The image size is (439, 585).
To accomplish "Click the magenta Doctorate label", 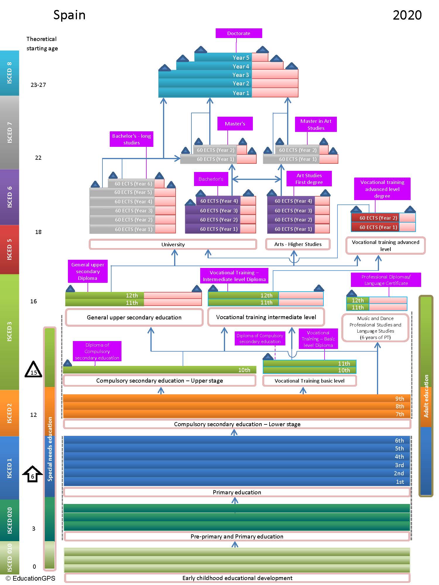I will [239, 33].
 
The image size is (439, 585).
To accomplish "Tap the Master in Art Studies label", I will [316, 125].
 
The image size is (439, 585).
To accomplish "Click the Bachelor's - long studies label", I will [131, 139].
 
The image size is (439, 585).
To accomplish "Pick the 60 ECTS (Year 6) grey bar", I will [131, 184].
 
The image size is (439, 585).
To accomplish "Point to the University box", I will [173, 244].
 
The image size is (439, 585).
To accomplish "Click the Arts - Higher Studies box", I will [298, 244].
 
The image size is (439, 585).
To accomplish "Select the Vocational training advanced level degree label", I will [382, 189].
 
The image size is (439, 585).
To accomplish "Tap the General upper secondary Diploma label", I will [88, 271].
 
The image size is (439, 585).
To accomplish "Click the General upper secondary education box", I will [134, 317].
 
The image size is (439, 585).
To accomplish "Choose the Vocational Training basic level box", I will [309, 381].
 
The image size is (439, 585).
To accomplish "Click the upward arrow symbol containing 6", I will [32, 474].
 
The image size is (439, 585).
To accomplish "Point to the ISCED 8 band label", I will [9, 73].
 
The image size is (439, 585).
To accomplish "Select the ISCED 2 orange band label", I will [9, 413].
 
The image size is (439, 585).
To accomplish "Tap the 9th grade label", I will [399, 399].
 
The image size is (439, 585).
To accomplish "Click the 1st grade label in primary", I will [400, 482].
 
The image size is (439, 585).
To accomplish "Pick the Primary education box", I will [237, 492].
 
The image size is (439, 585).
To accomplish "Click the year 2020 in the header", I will [407, 15].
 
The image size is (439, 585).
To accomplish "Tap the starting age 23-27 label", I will [38, 85].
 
